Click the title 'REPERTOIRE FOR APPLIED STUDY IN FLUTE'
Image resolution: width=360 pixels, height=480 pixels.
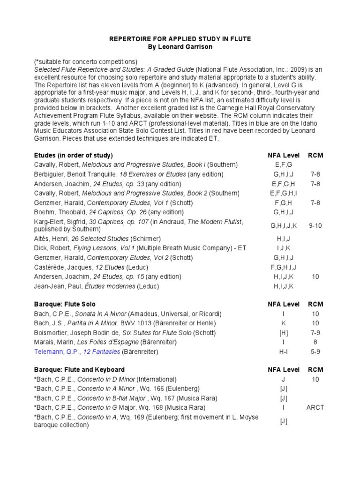coord(180,39)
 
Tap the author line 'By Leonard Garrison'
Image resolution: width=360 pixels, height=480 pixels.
coord(180,48)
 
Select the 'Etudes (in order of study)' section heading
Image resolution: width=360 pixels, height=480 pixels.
coord(73,155)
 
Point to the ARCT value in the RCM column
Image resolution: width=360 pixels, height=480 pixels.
coord(315,407)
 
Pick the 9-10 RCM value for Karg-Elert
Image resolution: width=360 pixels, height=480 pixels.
coord(315,225)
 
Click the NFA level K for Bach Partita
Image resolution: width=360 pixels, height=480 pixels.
coord(284,323)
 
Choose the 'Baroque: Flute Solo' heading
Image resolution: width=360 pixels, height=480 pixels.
coord(65,304)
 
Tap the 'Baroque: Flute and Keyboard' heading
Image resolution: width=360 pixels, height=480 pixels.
coord(79,370)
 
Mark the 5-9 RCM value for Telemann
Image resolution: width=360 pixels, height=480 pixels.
coord(315,352)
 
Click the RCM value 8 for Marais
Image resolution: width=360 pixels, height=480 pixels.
coord(315,342)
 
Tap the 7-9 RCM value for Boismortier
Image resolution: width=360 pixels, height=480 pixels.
coord(315,333)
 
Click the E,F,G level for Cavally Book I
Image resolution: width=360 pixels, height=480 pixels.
coord(284,165)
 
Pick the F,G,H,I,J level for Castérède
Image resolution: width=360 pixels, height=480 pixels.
coord(284,267)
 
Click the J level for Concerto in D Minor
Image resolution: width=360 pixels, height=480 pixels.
coord(284,379)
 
